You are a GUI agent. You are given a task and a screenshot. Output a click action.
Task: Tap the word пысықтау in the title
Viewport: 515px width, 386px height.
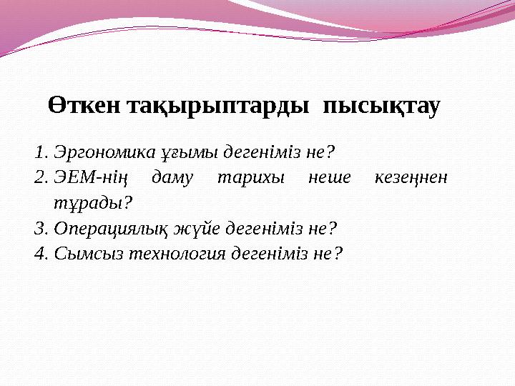point(382,107)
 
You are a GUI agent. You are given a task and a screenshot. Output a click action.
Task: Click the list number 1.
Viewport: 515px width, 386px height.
point(39,152)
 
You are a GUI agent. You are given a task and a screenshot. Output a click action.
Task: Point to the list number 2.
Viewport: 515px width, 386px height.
point(39,178)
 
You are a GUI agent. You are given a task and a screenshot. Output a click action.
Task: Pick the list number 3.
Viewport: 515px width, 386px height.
point(39,229)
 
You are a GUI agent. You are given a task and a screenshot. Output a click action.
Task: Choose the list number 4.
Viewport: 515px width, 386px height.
point(39,254)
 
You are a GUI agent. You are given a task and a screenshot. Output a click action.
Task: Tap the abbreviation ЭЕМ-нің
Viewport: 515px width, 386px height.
point(85,178)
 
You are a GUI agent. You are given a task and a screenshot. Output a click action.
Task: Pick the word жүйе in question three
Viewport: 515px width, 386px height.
point(199,229)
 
